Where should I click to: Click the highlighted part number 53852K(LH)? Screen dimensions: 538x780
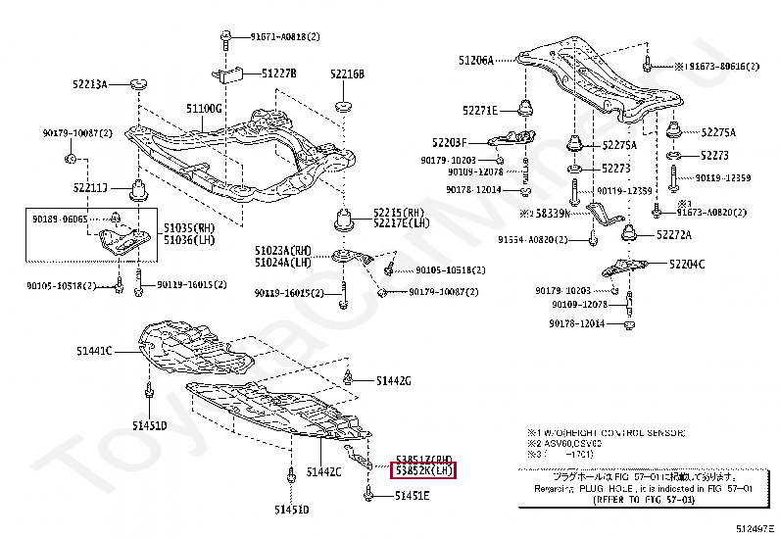[424, 471]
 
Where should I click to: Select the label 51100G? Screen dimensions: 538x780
[205, 107]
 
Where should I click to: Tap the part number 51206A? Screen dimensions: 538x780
[475, 60]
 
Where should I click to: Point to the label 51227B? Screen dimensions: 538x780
[277, 73]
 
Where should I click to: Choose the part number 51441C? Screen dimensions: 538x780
[95, 351]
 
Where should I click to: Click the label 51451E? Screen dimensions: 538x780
[411, 496]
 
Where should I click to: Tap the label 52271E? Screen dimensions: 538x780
[480, 110]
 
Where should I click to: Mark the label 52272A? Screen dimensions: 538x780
[673, 235]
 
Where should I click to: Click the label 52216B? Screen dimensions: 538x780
[347, 73]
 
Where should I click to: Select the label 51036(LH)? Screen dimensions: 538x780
[189, 239]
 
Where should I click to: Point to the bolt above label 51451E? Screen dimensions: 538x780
[369, 496]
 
